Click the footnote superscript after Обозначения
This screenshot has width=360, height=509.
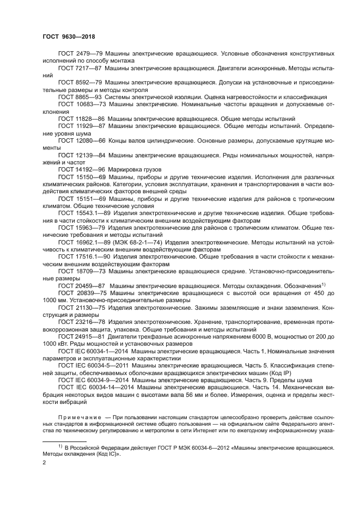323,284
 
